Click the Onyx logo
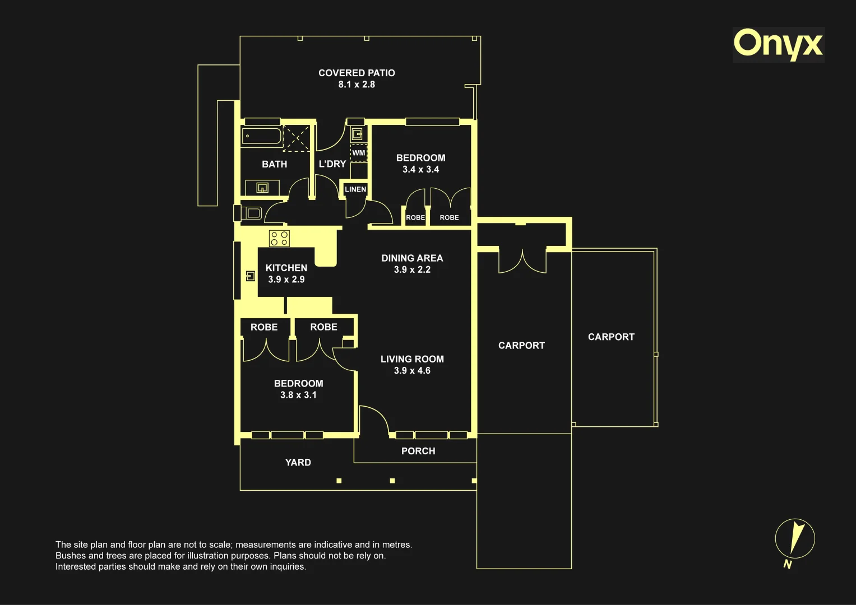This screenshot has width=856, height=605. pos(779,45)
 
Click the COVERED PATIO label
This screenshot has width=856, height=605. pos(357,73)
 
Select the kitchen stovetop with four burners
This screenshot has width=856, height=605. pos(279,238)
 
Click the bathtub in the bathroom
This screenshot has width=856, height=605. pos(262,136)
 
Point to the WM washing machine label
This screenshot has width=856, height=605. pos(358,153)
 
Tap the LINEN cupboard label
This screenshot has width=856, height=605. pos(355,189)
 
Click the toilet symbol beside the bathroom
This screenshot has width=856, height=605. pos(248,213)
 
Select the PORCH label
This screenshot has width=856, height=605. pos(418,451)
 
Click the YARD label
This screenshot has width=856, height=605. pos(298,463)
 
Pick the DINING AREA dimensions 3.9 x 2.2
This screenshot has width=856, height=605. pos(412,269)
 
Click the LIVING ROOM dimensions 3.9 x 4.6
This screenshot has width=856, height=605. pos(412,370)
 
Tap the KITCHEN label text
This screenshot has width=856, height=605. pos(286,268)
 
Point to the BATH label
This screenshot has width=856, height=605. pos(274,164)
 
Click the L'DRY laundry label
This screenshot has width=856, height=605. pos(332,164)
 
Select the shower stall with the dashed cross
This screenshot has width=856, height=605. pos(296,138)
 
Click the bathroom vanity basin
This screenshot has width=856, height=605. pos(262,188)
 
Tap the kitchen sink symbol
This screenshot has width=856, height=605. pos(251,276)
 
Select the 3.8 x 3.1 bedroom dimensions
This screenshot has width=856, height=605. pos(298,395)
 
